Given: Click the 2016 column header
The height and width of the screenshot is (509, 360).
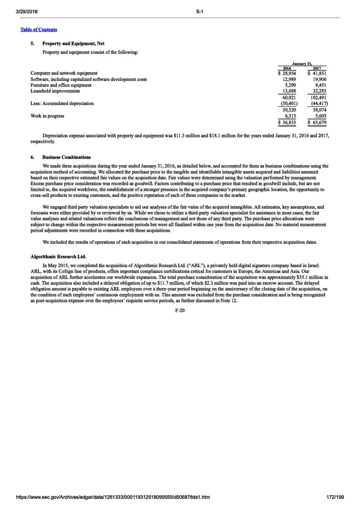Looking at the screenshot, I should (286, 68).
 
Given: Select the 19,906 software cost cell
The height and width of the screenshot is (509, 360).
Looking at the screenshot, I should (318, 79).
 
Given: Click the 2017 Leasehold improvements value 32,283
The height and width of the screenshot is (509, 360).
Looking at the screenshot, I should (318, 91).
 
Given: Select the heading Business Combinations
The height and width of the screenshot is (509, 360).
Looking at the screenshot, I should (66, 157).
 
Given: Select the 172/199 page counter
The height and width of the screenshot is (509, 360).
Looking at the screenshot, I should (337, 498).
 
